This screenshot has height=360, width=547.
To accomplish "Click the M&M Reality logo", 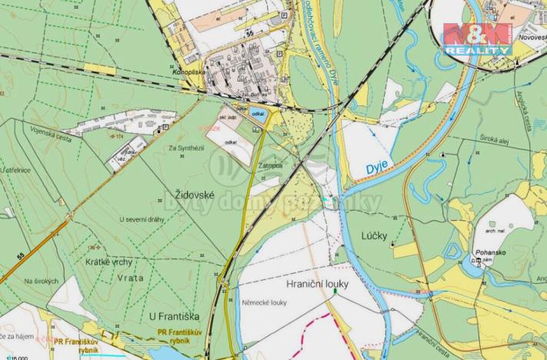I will (476, 36).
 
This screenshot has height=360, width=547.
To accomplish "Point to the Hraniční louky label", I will (317, 284).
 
